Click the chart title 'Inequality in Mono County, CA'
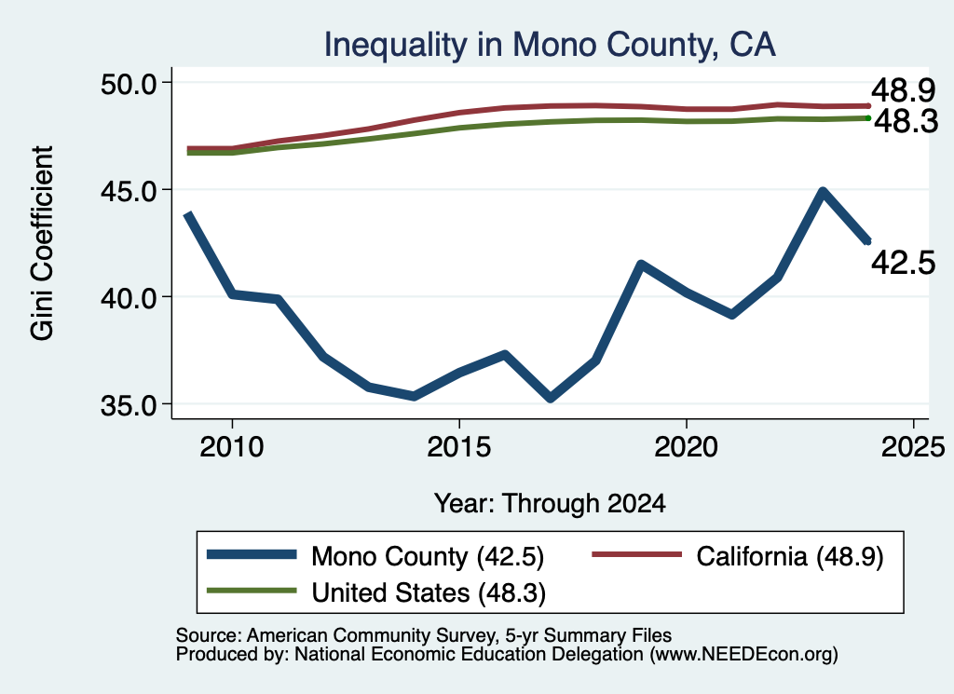coord(550,45)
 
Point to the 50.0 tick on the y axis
coord(129,83)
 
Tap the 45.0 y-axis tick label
coord(129,190)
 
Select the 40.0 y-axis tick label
coord(129,297)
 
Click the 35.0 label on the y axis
coord(129,404)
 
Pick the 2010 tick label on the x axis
coord(232,447)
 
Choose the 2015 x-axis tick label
coord(458,447)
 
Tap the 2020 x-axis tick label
coord(687,447)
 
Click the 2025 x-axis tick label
coord(913,447)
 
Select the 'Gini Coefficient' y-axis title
coord(42,243)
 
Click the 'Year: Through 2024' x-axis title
coord(550,504)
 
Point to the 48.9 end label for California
coord(903,90)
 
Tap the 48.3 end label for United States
coord(906,122)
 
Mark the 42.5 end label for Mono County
coord(903,263)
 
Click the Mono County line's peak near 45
coord(823,192)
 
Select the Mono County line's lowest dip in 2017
coord(550,399)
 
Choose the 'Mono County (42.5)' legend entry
coord(375,556)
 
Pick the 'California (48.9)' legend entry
coord(738,556)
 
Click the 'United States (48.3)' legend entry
coord(376,592)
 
